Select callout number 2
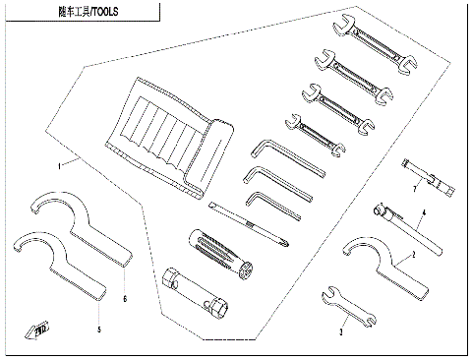(x=414, y=255)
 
